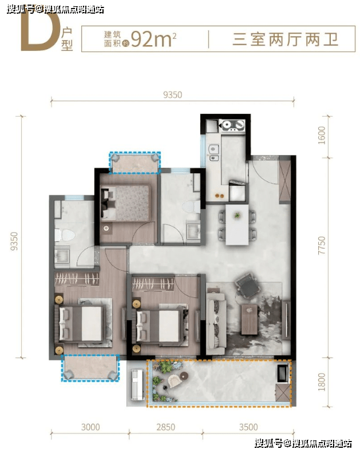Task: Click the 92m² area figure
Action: click(153, 39)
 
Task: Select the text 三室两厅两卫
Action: click(285, 39)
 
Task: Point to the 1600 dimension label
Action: click(321, 135)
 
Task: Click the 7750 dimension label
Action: click(321, 245)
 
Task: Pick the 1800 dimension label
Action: click(321, 382)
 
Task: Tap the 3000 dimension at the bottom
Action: click(90, 427)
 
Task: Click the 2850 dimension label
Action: click(165, 427)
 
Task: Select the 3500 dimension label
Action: click(248, 427)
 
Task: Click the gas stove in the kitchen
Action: click(232, 125)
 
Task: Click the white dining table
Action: click(237, 224)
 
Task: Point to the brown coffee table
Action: click(249, 319)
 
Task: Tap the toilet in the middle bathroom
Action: click(191, 207)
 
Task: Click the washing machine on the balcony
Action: click(282, 373)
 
